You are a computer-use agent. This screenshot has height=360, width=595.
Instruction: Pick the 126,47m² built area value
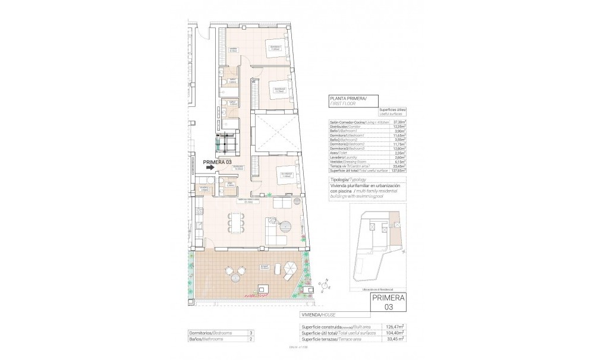[x=395, y=326]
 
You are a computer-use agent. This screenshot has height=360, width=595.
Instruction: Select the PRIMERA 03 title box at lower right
[x=386, y=302]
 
